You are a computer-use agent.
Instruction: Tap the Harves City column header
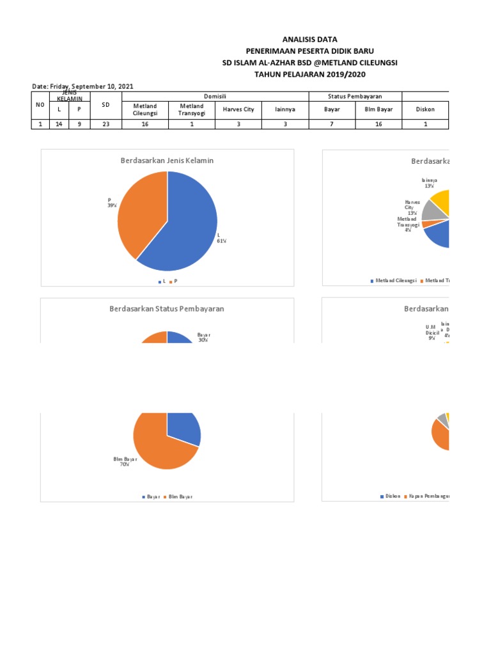pos(238,109)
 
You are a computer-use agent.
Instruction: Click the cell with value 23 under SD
pos(105,125)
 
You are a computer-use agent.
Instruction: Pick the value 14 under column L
pos(59,125)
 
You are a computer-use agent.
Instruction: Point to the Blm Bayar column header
pos(378,109)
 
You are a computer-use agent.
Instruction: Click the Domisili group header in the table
pos(215,96)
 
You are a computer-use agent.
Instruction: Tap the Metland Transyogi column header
pos(192,109)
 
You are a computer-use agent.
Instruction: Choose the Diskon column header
pos(425,109)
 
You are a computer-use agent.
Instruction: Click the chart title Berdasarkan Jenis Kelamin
pos(167,161)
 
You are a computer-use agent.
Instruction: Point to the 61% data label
pos(222,239)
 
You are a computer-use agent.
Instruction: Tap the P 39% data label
pos(111,203)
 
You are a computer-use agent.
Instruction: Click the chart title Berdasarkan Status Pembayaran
pos(167,308)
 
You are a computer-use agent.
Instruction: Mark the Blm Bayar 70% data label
pos(121,462)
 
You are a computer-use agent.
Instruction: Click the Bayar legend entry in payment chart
pos(152,497)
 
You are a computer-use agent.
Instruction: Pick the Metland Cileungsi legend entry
pos(394,281)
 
